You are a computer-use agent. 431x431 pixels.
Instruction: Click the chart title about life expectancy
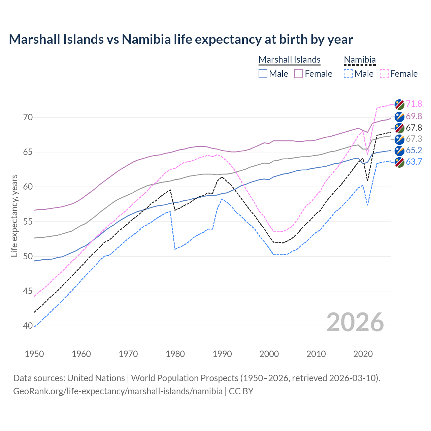coord(181,39)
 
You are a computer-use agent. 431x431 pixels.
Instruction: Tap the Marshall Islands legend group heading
coord(289,60)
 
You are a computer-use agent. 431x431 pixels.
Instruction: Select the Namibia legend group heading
coord(360,60)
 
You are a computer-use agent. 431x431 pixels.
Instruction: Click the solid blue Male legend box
coord(263,74)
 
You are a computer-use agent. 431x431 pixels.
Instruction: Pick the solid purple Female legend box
coord(299,74)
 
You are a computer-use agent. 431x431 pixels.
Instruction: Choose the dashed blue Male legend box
coord(348,74)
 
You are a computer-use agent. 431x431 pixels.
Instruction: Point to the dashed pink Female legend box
coord(384,74)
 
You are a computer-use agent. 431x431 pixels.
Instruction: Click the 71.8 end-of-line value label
coord(414,104)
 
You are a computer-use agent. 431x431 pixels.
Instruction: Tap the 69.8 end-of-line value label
coord(414,117)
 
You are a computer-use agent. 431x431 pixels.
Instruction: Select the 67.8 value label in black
coord(414,128)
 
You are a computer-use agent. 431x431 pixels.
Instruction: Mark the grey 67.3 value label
coord(414,139)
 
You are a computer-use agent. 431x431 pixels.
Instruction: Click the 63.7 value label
coord(414,162)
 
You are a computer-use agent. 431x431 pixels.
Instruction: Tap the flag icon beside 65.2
coord(399,151)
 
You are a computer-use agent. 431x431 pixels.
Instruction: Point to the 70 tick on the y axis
coord(28,118)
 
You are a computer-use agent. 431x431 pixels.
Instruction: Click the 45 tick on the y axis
coord(28,291)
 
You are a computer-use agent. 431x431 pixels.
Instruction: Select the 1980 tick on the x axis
coord(175,354)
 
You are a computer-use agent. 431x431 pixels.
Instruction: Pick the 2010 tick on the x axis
coord(316,354)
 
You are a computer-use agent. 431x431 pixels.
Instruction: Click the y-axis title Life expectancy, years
coord(14,215)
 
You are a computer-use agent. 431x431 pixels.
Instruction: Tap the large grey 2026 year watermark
coord(355,322)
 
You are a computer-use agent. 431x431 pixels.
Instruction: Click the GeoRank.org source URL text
coord(118,391)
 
